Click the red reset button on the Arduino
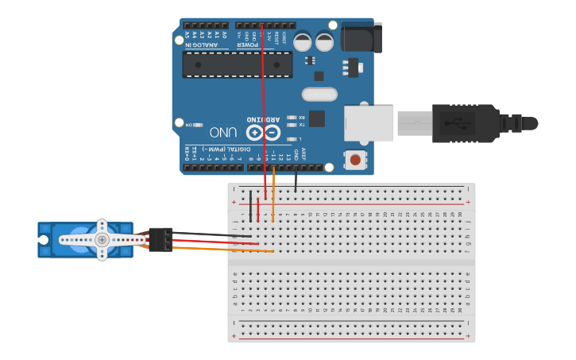click(354, 160)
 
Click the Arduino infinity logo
click(263, 133)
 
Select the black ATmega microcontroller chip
click(237, 64)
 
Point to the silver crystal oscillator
click(319, 95)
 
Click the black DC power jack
click(361, 38)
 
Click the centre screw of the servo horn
click(102, 239)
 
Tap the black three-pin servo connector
click(160, 239)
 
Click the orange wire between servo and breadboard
click(222, 250)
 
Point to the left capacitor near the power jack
click(302, 41)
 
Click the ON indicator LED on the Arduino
click(197, 125)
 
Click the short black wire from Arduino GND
click(296, 182)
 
